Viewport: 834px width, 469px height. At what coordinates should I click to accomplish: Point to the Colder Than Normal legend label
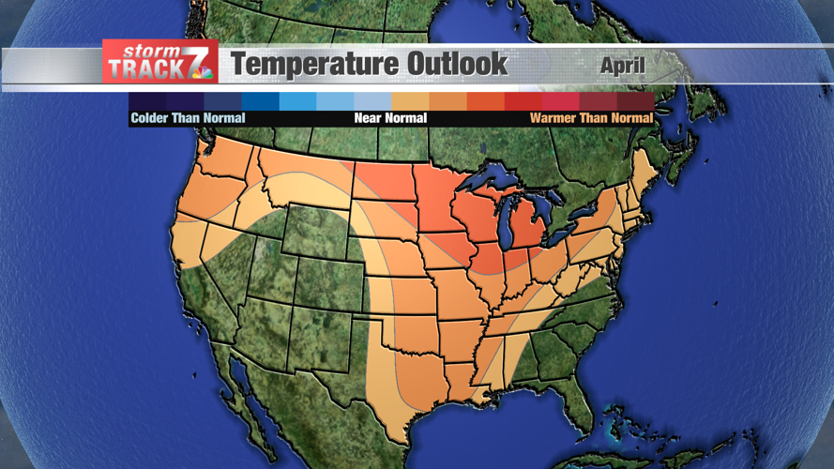click(x=188, y=118)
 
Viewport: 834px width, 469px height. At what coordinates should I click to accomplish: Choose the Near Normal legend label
click(x=390, y=118)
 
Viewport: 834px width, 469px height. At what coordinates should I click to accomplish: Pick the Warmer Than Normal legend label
click(x=591, y=118)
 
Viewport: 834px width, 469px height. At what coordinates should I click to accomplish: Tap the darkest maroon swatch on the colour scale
click(x=635, y=100)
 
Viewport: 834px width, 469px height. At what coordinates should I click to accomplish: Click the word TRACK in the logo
click(x=142, y=70)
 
